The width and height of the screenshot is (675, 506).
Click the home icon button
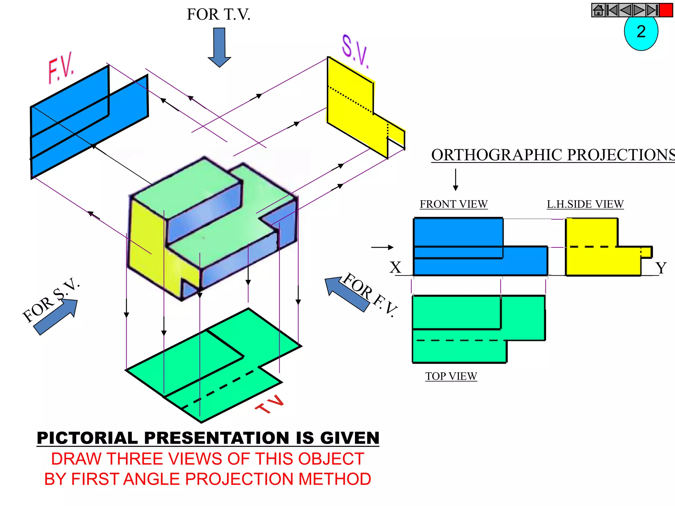599,10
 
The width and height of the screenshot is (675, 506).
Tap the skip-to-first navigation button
612,10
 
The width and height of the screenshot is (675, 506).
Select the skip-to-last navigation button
652,10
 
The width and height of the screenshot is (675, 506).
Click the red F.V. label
61,68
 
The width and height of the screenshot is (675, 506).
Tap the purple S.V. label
355,51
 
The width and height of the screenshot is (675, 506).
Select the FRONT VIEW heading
454,204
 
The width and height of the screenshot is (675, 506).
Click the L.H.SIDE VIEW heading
585,204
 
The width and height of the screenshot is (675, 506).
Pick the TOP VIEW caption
451,376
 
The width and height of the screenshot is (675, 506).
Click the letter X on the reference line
396,267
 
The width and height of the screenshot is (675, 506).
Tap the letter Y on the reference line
661,268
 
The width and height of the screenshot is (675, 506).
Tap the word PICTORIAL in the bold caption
87,438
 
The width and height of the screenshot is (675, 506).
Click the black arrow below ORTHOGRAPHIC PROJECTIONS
455,180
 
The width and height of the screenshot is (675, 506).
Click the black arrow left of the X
382,247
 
